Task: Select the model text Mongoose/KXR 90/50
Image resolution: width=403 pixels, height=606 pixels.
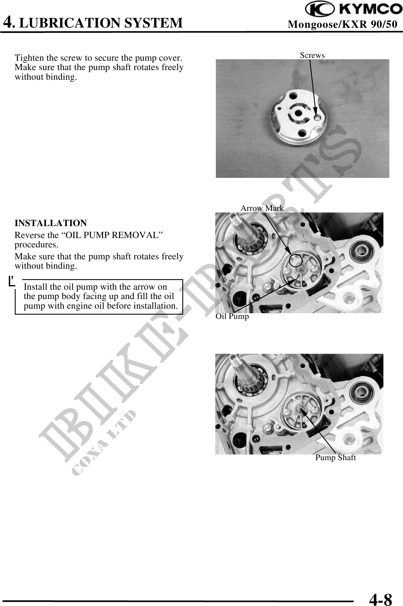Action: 343,24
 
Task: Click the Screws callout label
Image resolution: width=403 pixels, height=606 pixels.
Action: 312,55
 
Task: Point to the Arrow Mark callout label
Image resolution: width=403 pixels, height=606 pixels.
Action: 262,208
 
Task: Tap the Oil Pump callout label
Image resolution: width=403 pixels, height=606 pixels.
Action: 232,316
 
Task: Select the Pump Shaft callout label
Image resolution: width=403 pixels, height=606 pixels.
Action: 335,457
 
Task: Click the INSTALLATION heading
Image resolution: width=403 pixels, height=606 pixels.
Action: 51,223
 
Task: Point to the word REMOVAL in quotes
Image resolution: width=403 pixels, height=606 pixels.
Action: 141,235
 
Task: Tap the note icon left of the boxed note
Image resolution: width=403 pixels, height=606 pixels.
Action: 12,281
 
